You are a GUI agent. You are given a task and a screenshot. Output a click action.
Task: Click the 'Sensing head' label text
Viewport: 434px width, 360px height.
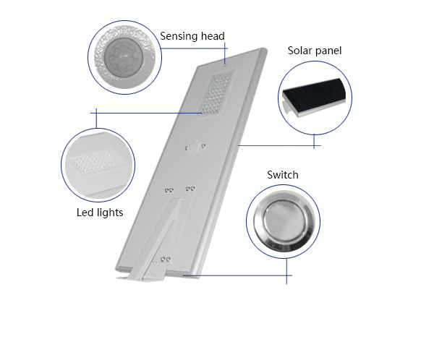tap(192, 36)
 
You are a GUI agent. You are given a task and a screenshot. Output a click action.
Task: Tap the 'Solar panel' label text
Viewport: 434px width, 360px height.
tap(315, 51)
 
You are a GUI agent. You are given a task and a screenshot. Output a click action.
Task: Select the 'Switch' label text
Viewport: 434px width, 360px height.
tap(283, 175)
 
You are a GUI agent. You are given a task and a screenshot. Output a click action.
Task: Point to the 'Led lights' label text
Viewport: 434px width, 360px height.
tap(100, 213)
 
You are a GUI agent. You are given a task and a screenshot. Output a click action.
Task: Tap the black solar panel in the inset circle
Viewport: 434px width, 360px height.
tap(314, 95)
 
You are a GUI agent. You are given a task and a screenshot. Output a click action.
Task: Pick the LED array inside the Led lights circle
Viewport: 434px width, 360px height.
tap(98, 163)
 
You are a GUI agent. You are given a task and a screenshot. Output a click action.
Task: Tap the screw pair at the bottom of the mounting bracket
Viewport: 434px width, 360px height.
tap(165, 260)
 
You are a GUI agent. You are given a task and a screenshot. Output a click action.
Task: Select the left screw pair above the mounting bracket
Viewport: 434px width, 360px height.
tap(169, 190)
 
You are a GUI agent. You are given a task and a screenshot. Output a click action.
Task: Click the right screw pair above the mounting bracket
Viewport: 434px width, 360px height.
tap(190, 189)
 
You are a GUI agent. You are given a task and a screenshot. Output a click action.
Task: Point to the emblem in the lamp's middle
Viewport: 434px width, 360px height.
tap(195, 146)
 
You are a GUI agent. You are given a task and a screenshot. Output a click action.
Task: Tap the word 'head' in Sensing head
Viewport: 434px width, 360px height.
tap(213, 36)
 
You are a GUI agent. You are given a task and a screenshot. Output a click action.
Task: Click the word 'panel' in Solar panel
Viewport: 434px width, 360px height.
tap(328, 51)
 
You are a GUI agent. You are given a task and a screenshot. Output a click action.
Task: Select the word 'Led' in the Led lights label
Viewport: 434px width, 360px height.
tap(82, 213)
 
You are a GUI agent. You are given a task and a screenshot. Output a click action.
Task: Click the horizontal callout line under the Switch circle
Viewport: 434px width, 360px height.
tap(237, 275)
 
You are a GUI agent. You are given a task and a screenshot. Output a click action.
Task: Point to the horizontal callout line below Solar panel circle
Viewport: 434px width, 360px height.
tap(279, 145)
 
